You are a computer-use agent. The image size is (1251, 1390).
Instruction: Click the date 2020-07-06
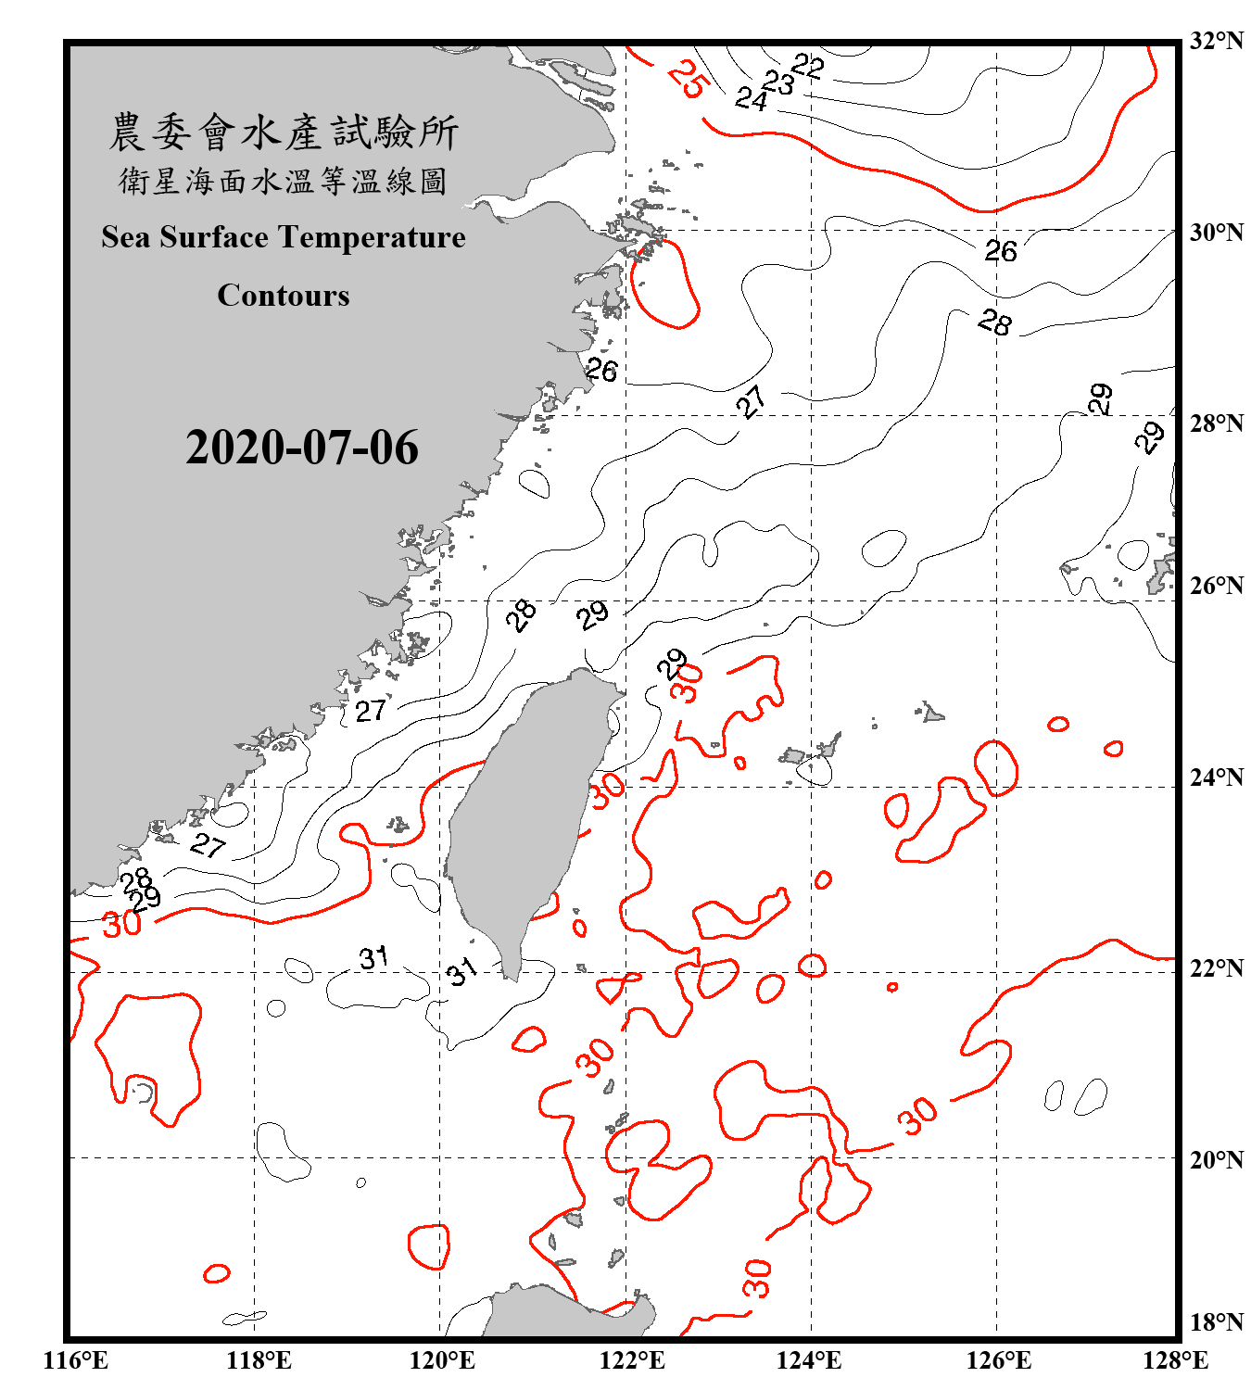(302, 448)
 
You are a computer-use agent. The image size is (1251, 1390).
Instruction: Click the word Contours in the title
(284, 296)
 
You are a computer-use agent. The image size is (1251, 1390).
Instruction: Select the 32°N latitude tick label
(1216, 40)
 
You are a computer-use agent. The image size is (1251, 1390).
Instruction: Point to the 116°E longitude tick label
(76, 1360)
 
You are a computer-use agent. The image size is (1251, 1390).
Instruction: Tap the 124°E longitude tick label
(809, 1360)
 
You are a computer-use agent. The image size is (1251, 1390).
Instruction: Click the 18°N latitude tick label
(1216, 1321)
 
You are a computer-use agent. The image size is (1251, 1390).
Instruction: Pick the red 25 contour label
(689, 78)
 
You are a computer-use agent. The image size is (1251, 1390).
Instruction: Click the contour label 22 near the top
(807, 66)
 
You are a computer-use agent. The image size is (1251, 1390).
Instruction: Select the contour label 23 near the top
(778, 82)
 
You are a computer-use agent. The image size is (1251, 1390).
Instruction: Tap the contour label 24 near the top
(751, 98)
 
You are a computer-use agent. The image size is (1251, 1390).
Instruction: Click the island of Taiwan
(528, 815)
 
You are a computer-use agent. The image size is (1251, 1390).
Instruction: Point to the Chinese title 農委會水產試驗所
(284, 133)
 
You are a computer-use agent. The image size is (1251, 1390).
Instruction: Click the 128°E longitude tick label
(1175, 1360)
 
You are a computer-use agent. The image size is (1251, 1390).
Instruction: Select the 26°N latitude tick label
(1216, 586)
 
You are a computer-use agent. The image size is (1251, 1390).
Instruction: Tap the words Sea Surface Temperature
(284, 237)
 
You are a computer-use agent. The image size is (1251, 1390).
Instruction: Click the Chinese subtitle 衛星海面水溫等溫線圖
(284, 182)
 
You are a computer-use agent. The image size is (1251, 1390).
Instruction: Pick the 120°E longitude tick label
(442, 1360)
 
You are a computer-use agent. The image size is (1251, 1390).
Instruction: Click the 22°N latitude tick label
(1216, 968)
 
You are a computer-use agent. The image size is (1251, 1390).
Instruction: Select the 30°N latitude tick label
(1216, 233)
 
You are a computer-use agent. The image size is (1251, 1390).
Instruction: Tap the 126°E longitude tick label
(998, 1360)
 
